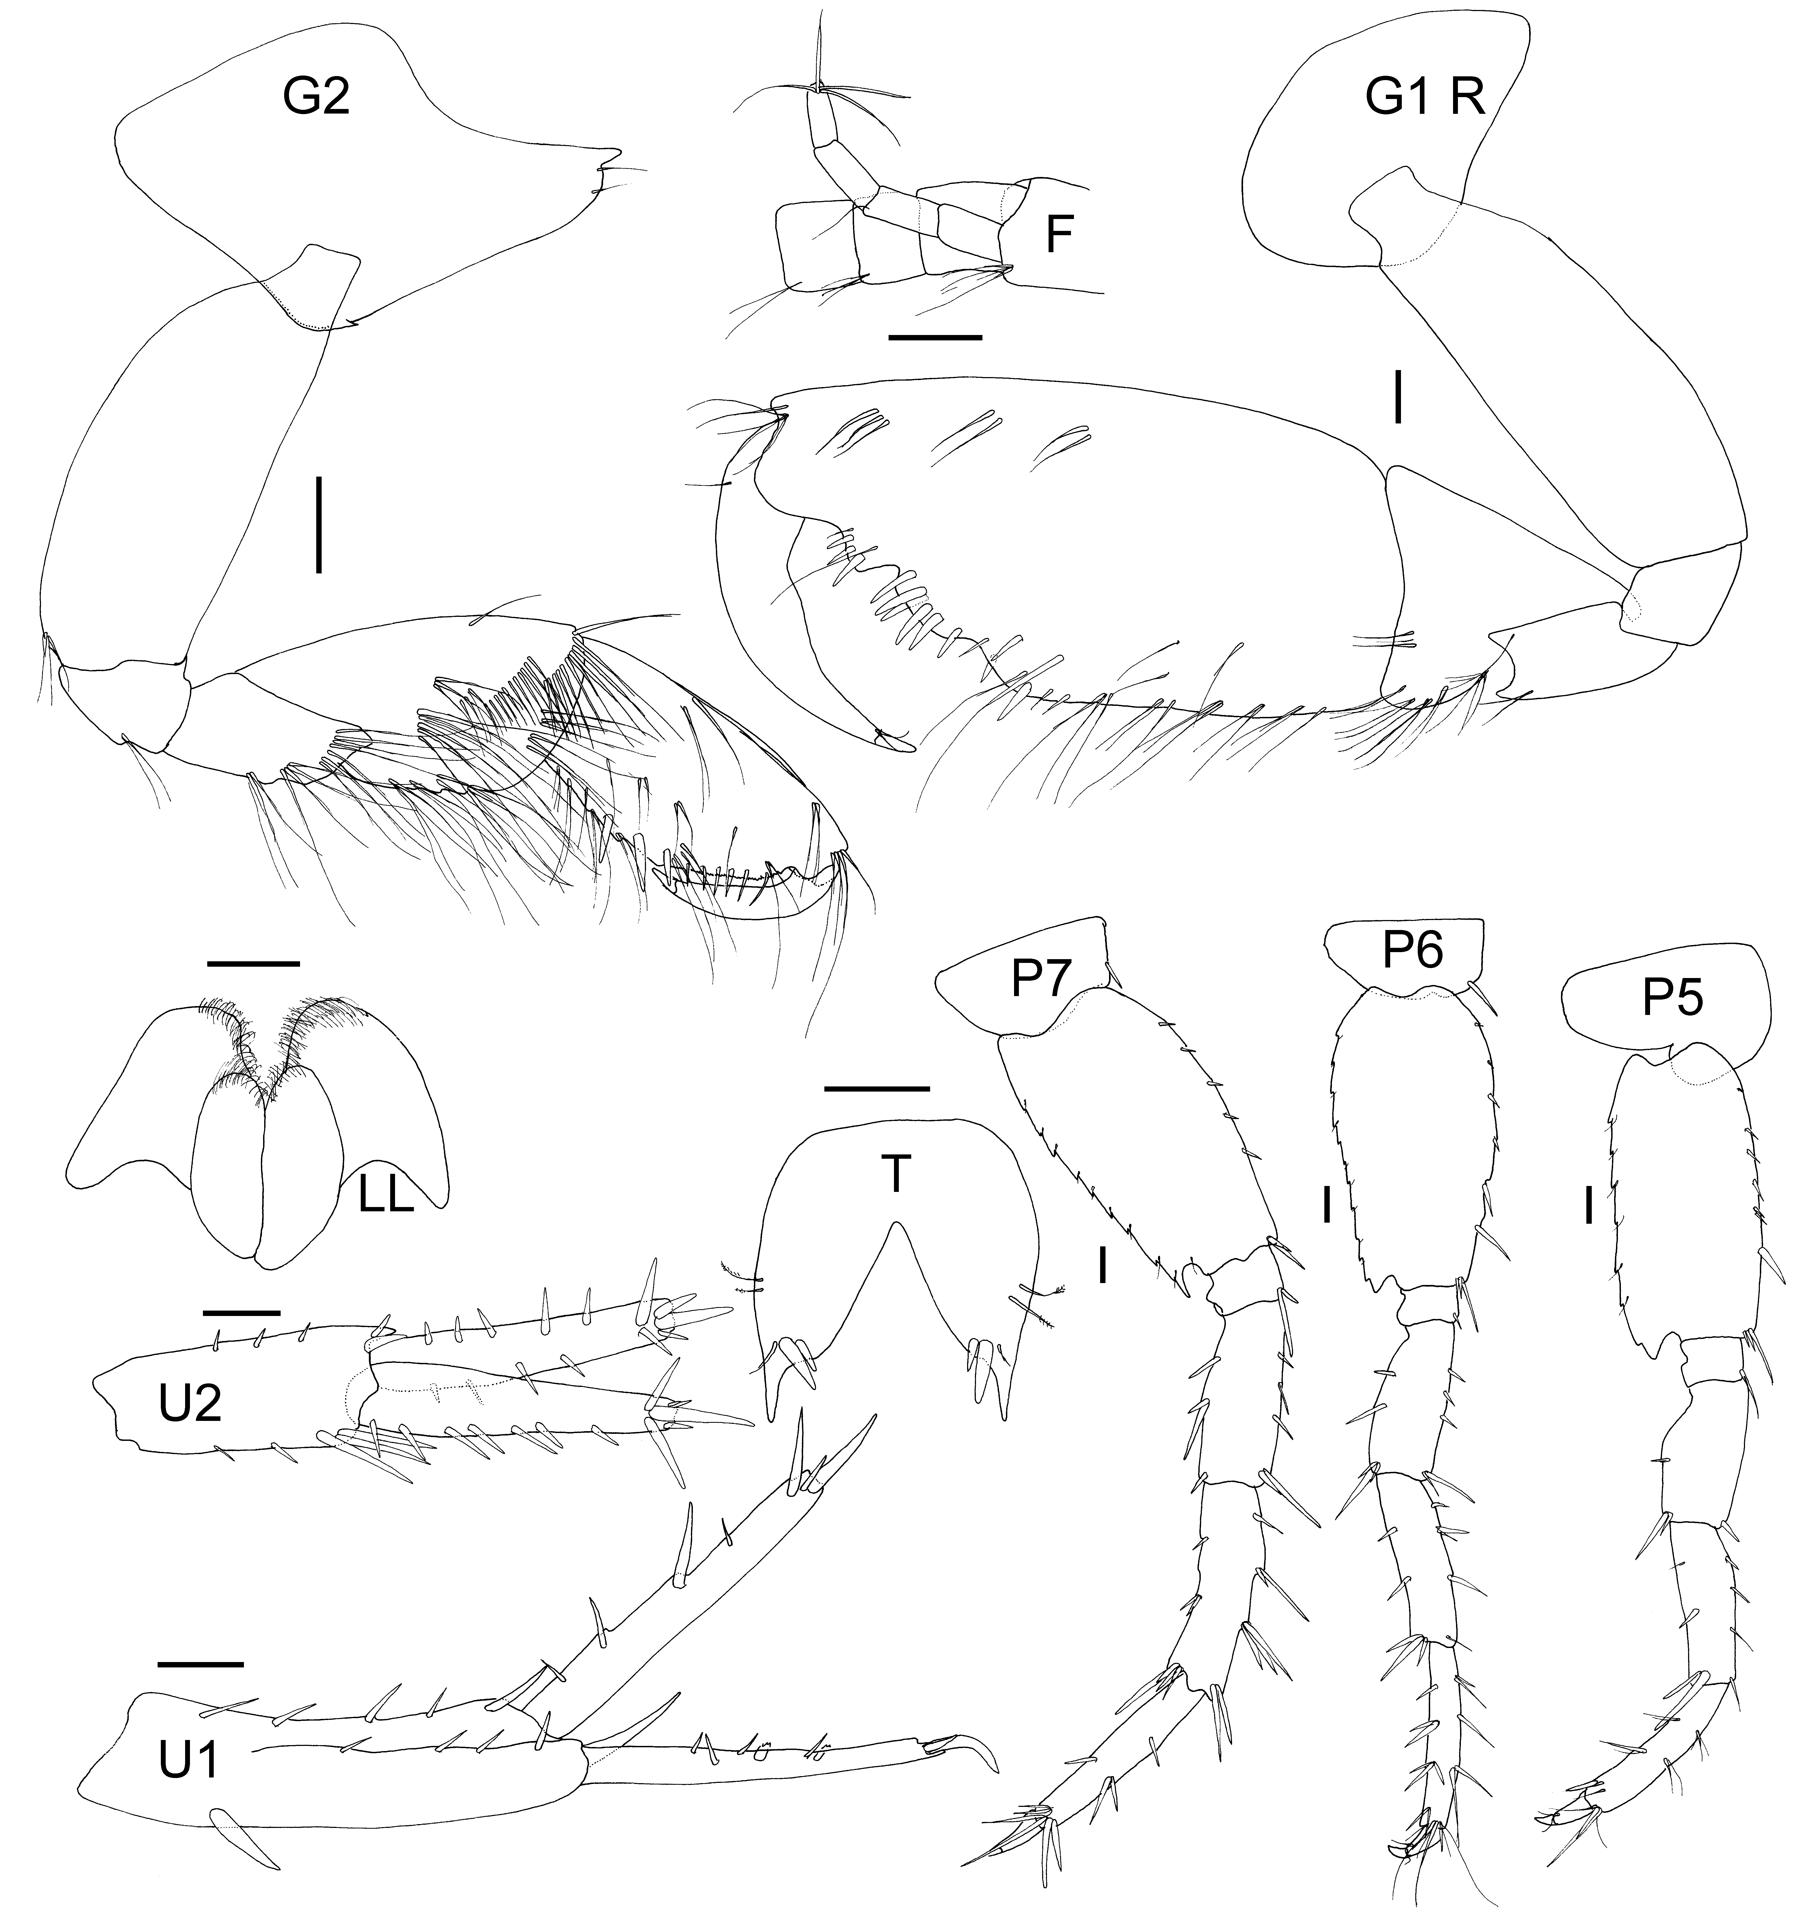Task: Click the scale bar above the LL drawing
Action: pyautogui.click(x=254, y=963)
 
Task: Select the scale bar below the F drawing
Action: pyautogui.click(x=934, y=338)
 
